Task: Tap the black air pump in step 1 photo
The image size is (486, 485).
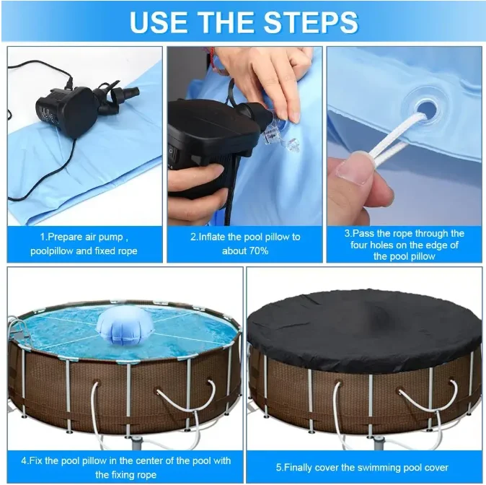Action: pyautogui.click(x=66, y=108)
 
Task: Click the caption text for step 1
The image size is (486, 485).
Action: pyautogui.click(x=84, y=243)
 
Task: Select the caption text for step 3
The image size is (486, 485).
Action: pyautogui.click(x=404, y=244)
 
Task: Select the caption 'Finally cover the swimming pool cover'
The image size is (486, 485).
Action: pyautogui.click(x=364, y=467)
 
